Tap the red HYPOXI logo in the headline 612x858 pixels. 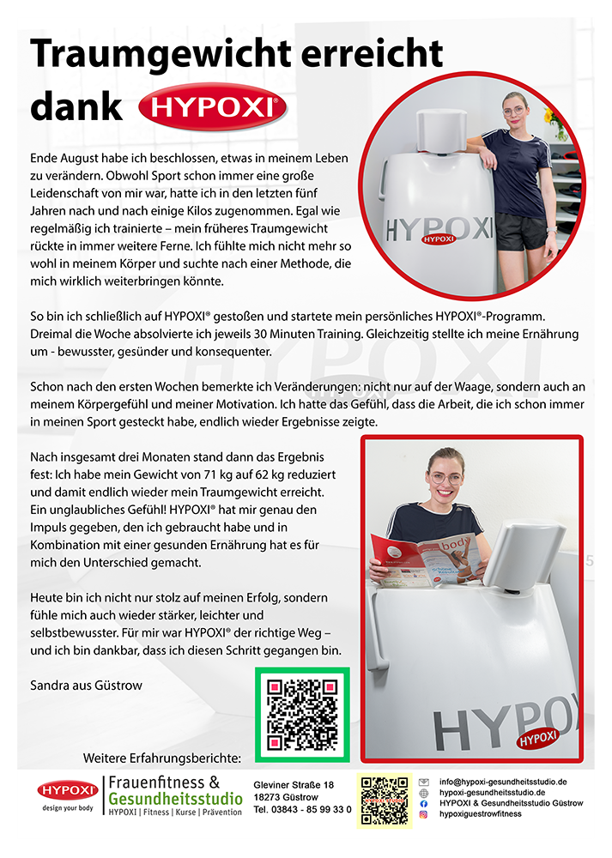[x=212, y=107]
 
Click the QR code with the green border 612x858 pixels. [x=302, y=715]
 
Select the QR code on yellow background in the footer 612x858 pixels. [x=385, y=801]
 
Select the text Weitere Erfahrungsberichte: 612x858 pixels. [x=162, y=758]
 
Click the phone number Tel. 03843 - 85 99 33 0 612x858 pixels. [x=302, y=809]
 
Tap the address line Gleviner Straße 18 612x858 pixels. [x=294, y=785]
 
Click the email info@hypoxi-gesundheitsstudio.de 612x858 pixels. [x=503, y=782]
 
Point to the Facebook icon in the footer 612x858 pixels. [x=424, y=803]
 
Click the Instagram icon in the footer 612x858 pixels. [x=424, y=814]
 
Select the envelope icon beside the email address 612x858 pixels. [x=424, y=782]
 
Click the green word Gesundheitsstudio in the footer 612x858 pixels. [x=164, y=799]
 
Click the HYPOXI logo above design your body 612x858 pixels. [x=68, y=790]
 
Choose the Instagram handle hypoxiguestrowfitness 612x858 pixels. [x=481, y=813]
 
